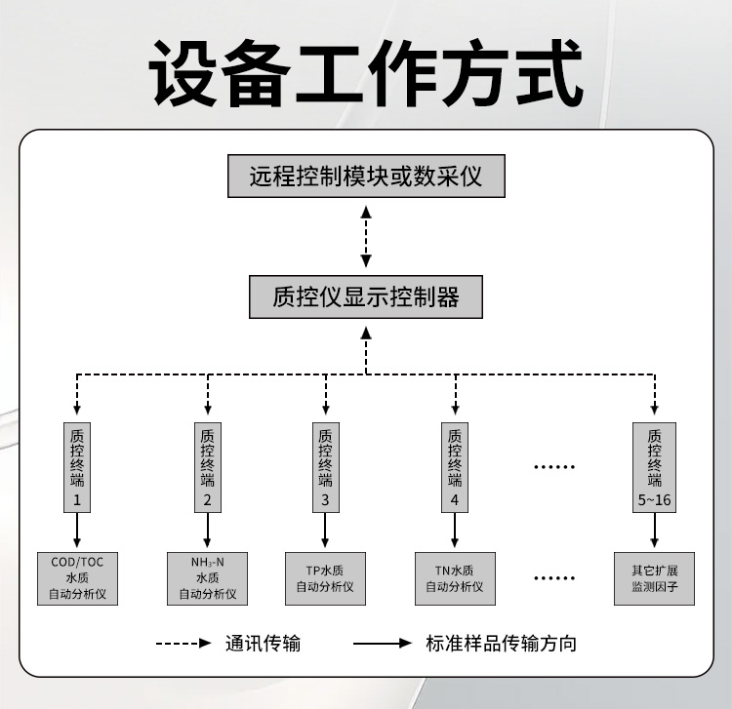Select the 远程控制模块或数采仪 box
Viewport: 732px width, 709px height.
[365, 177]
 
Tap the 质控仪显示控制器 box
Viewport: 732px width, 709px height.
[365, 295]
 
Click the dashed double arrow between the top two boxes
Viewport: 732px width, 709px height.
[365, 236]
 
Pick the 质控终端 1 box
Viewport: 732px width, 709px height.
[77, 468]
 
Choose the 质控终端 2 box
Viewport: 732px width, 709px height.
[207, 468]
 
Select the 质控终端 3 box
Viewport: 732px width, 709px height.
[325, 468]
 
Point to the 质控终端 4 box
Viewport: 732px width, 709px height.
[455, 468]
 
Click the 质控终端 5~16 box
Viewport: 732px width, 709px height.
[654, 468]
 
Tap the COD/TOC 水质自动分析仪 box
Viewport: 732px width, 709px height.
[77, 577]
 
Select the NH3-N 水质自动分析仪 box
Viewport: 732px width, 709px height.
[207, 577]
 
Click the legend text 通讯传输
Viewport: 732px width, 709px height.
[263, 643]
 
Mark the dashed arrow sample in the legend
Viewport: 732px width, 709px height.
[183, 643]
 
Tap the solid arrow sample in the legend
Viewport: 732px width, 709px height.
[383, 643]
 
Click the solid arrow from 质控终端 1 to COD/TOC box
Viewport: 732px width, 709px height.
[77, 531]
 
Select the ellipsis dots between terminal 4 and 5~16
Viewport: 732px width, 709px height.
[554, 467]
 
